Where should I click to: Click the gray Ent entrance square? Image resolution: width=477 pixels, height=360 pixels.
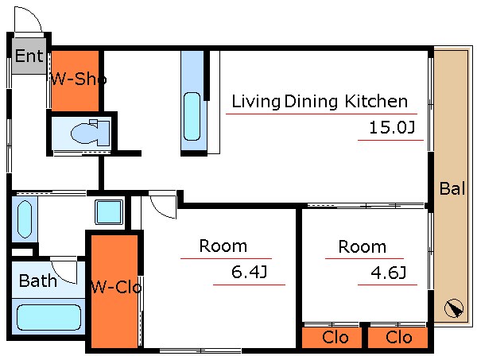[x=29, y=56]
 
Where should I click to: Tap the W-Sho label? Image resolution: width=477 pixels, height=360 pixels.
[x=79, y=79]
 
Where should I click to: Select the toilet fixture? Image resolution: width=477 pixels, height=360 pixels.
[x=91, y=132]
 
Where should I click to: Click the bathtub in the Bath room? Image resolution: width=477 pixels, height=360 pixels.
[x=48, y=317]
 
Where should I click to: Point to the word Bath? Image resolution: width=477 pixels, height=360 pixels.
[x=38, y=281]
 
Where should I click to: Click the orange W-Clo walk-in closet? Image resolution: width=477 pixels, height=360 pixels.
[x=114, y=291]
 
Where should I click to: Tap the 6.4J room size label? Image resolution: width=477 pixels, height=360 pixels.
[x=249, y=272]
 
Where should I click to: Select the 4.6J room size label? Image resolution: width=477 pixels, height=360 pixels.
[x=389, y=273]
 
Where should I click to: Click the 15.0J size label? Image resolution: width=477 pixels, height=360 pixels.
[x=392, y=127]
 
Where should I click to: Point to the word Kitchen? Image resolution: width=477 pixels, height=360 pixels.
[x=376, y=101]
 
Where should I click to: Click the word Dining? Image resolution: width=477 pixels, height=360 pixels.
[x=311, y=102]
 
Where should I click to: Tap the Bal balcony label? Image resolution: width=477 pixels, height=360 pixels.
[x=452, y=188]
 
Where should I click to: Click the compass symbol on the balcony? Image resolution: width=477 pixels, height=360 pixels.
[x=454, y=308]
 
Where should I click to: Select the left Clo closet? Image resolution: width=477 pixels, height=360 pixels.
[x=332, y=338]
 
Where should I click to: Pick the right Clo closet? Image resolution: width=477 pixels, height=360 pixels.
[x=397, y=338]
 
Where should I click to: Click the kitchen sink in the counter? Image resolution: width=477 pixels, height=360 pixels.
[x=192, y=117]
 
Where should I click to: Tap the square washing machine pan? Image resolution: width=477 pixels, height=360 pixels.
[x=109, y=212]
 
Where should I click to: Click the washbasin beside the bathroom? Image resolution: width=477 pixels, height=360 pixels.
[x=25, y=219]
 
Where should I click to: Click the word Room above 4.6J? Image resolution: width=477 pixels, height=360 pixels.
[x=363, y=246]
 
